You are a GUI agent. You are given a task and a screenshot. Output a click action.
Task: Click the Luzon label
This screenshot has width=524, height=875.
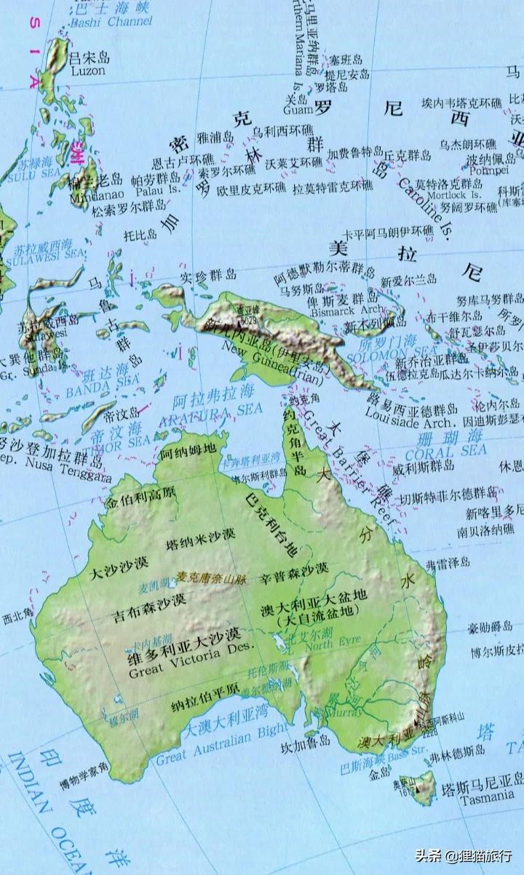[x=88, y=71]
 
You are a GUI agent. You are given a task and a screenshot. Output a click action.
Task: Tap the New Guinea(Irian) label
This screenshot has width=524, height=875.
[x=279, y=367]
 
